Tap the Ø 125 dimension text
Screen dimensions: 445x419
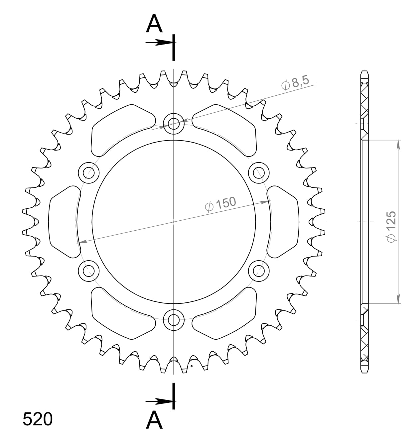(x=391, y=226)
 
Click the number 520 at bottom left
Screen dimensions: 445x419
(x=37, y=419)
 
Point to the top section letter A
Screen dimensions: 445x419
(x=154, y=24)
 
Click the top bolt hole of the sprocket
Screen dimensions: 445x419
(x=173, y=124)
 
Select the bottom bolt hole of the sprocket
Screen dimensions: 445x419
(x=173, y=320)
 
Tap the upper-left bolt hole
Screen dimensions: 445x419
(x=89, y=172)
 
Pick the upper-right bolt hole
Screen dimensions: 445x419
(x=258, y=172)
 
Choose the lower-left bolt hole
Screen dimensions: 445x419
(x=89, y=271)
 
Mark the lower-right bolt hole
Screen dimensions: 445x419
(x=258, y=271)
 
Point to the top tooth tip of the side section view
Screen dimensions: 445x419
(x=364, y=72)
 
